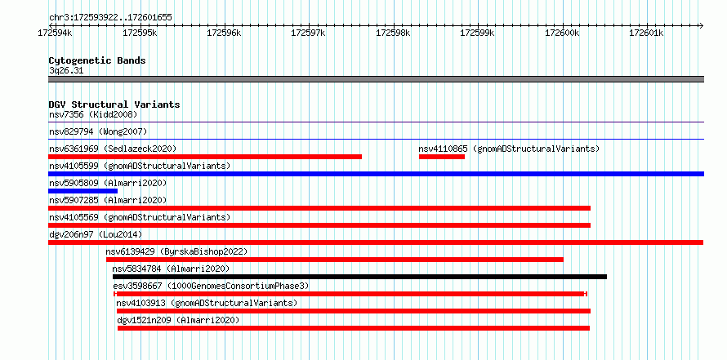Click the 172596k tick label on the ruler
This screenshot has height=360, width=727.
pos(224,33)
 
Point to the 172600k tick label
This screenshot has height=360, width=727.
pos(562,33)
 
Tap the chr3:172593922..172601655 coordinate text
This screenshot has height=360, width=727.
pos(110,18)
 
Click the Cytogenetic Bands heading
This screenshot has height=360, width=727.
pos(97,60)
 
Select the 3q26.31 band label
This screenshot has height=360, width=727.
pos(66,71)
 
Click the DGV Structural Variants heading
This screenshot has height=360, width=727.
pos(114,104)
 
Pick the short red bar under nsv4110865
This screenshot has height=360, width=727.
pos(442,157)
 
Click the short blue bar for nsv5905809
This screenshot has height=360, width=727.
pos(83,191)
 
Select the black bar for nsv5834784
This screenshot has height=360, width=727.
pos(359,277)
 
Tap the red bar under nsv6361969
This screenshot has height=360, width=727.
pos(205,157)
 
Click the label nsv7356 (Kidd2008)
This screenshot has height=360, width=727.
pos(93,114)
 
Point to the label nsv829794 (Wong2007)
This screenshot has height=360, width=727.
pos(98,131)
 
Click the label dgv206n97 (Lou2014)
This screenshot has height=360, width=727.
pos(96,234)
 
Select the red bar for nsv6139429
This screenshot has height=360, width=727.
pos(335,260)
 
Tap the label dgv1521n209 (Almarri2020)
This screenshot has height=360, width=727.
pos(178,320)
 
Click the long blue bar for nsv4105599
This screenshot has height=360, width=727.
pos(376,174)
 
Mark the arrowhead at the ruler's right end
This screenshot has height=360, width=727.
pos(701,25)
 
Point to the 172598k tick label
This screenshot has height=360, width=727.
pos(393,33)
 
